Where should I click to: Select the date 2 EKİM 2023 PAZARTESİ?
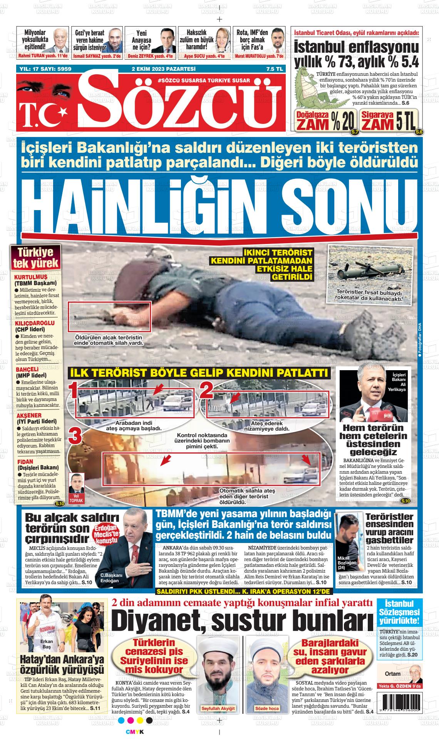[164, 69]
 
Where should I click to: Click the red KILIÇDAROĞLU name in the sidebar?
[34, 323]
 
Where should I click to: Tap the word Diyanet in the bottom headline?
[158, 620]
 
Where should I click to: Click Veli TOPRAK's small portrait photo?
[76, 483]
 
